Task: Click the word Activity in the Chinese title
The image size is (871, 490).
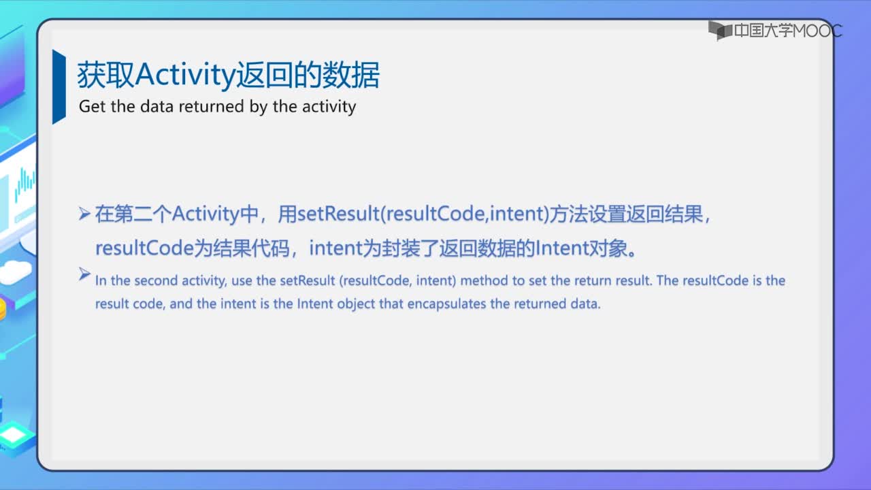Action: click(x=186, y=76)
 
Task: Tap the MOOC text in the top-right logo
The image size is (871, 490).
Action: click(x=817, y=31)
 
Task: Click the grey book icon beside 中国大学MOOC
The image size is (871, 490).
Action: click(x=720, y=31)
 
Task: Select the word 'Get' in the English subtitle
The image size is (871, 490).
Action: click(x=92, y=107)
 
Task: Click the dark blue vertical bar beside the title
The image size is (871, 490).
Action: click(x=59, y=86)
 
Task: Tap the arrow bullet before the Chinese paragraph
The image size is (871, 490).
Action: click(x=84, y=214)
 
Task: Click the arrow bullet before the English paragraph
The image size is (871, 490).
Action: click(x=84, y=274)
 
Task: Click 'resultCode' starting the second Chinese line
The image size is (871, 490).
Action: click(x=144, y=248)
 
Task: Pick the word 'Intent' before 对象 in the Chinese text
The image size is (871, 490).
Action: click(x=562, y=248)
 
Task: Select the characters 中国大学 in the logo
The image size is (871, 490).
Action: click(x=763, y=31)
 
